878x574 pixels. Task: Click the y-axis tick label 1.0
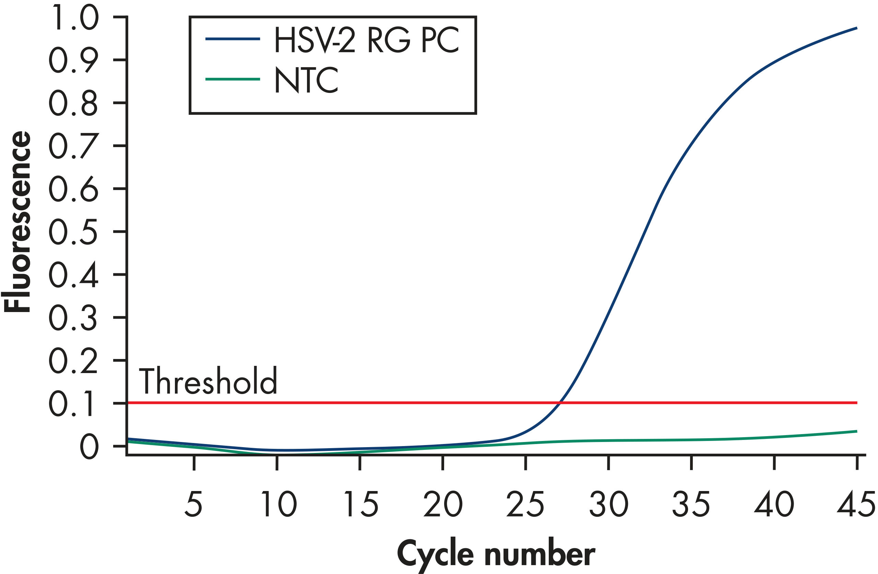pos(73,17)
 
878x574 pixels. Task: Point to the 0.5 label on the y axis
pos(73,232)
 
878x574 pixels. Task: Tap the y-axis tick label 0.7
pos(73,146)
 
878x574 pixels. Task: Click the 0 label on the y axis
pos(89,446)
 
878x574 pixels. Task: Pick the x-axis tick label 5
pos(193,504)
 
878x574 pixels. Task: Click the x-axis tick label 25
pos(525,504)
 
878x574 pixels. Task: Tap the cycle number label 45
pos(855,504)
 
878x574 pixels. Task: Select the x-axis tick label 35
pos(691,504)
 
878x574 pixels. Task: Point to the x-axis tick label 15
pos(361,504)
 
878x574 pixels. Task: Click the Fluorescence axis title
pos(16,222)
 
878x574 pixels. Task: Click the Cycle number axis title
pos(496,554)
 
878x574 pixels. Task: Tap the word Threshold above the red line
pos(208,381)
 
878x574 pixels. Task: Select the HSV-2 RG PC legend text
pos(366,40)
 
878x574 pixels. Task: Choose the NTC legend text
pos(306,80)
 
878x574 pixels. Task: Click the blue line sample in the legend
pos(233,39)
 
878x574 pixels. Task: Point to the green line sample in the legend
pos(233,79)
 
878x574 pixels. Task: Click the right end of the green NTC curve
pos(856,431)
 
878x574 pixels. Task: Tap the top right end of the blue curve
pos(856,28)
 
